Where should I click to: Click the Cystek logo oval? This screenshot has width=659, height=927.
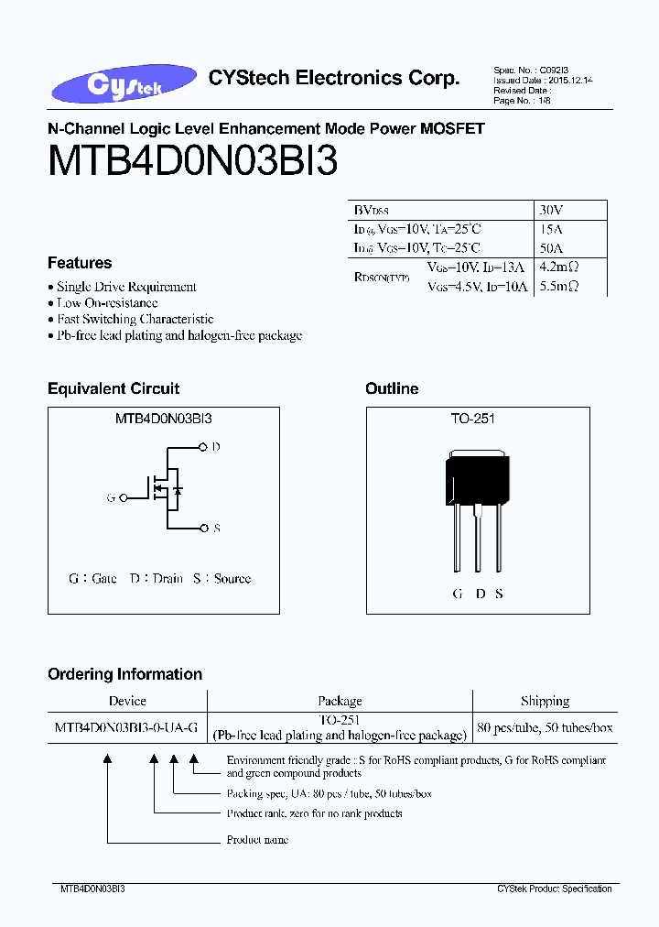click(x=124, y=86)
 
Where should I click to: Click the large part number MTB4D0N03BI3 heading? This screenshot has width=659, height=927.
click(x=193, y=161)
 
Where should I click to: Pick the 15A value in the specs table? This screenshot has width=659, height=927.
click(x=552, y=229)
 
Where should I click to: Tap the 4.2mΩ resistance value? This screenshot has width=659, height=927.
click(x=558, y=267)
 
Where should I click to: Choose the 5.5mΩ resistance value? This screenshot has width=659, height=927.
click(x=558, y=287)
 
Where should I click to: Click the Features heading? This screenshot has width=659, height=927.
click(x=80, y=263)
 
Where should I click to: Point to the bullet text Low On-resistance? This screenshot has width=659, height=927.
click(x=107, y=302)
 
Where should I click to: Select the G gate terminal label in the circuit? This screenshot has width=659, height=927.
click(x=112, y=497)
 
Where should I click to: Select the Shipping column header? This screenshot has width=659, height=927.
click(x=545, y=701)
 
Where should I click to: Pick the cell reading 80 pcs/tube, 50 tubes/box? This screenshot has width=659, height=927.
click(x=545, y=728)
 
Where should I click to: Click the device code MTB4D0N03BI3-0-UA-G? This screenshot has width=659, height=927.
click(x=127, y=728)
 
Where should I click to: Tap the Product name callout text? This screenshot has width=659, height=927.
click(x=257, y=840)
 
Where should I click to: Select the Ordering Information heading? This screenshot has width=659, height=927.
click(x=124, y=674)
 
